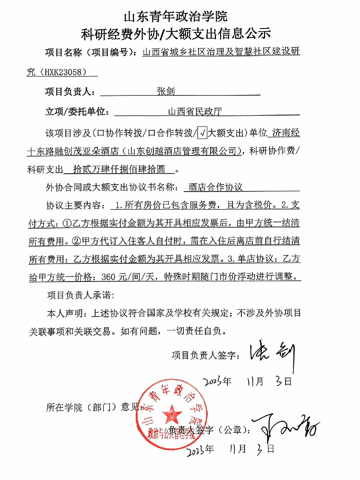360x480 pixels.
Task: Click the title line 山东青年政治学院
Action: pos(176,17)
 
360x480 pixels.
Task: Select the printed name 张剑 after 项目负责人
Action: pos(166,91)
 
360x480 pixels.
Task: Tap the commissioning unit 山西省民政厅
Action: pos(195,112)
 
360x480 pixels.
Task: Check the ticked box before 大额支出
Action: pos(203,133)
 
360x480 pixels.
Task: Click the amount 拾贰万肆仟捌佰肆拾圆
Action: pos(119,169)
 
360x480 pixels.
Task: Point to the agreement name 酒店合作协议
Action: pos(215,187)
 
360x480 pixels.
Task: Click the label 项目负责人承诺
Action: pos(80,295)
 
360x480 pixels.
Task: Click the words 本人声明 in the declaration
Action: pos(65,313)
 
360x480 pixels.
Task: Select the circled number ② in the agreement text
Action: pos(76,241)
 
